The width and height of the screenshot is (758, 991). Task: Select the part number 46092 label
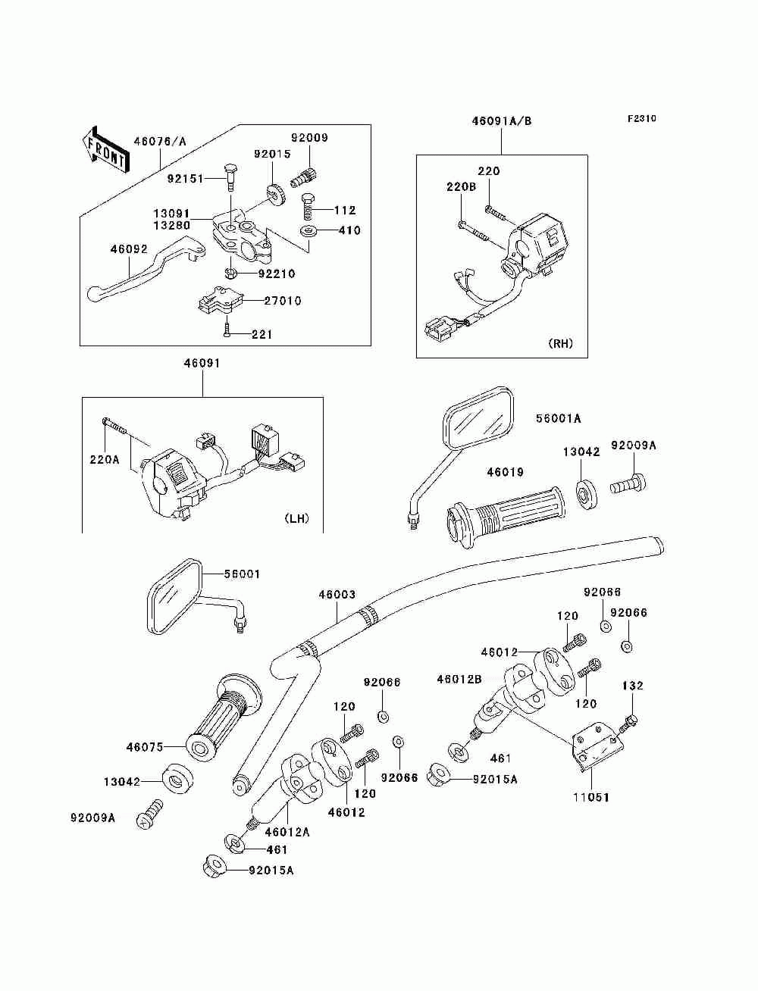coord(129,248)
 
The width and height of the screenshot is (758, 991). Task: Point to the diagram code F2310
coord(641,119)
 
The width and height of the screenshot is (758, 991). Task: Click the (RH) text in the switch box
coord(560,343)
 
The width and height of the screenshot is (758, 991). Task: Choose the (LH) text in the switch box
coord(296,519)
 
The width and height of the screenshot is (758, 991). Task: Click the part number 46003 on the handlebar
coord(337,595)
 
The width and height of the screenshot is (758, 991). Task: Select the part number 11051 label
coord(591,797)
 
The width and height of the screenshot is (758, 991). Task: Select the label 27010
coord(282,301)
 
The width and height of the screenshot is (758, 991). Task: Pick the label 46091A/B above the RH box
coord(502,120)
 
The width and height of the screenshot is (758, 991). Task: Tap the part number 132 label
coord(632,686)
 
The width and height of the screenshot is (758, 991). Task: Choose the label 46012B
coord(459,679)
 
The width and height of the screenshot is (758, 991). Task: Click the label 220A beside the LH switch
coord(104,458)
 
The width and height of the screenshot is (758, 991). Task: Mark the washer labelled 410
coord(309,230)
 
